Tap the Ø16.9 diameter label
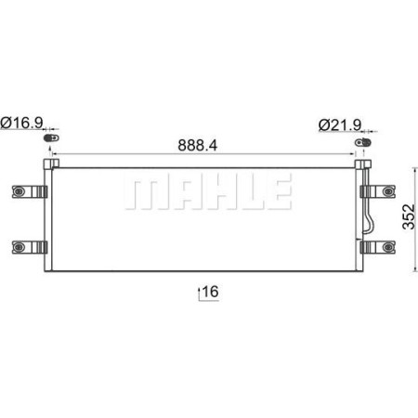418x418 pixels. [x=24, y=123]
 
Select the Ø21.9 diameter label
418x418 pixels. [x=338, y=123]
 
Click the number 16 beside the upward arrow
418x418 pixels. [x=210, y=293]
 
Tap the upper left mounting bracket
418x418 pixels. [x=28, y=191]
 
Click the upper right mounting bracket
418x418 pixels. [x=381, y=191]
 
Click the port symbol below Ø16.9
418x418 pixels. [x=52, y=138]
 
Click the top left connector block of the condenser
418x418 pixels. [x=52, y=164]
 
